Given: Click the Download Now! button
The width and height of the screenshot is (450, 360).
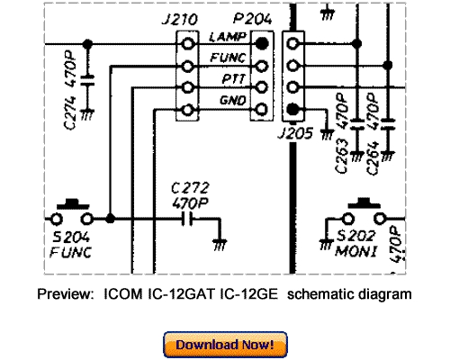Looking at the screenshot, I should pos(225,344).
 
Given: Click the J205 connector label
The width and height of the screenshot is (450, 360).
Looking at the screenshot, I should pos(301,132).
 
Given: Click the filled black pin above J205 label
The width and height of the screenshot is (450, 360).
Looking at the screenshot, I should pos(293,111).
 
